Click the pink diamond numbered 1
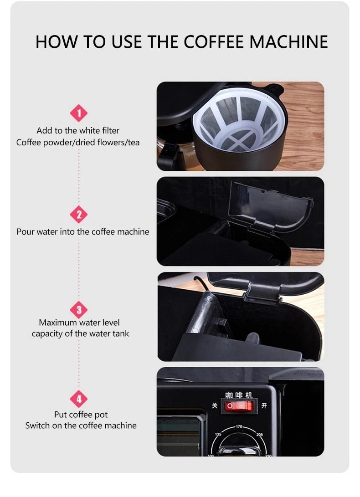click(x=79, y=113)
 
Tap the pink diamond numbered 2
click(x=79, y=215)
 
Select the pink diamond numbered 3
click(x=79, y=310)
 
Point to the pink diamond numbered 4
click(x=79, y=399)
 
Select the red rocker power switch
click(x=239, y=406)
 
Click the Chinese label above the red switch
click(x=239, y=395)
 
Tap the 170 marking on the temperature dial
click(x=239, y=427)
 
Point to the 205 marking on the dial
click(x=259, y=435)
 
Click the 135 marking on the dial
click(x=218, y=434)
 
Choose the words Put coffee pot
click(x=81, y=415)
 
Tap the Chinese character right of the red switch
click(x=264, y=405)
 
